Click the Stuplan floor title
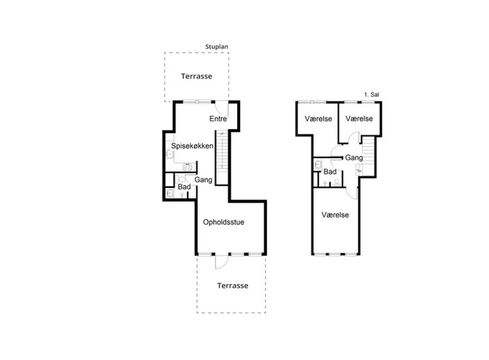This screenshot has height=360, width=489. pyautogui.click(x=217, y=47)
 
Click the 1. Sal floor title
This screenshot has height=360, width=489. pyautogui.click(x=372, y=95)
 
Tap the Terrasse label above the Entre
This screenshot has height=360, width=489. pyautogui.click(x=196, y=76)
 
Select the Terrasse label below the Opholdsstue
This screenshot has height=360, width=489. pyautogui.click(x=232, y=286)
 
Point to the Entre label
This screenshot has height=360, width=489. pyautogui.click(x=218, y=118)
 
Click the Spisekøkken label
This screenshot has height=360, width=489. pyautogui.click(x=192, y=146)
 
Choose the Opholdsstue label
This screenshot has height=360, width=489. pyautogui.click(x=224, y=222)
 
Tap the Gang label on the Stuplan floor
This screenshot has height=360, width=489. pyautogui.click(x=203, y=180)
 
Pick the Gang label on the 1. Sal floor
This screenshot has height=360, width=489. pyautogui.click(x=354, y=158)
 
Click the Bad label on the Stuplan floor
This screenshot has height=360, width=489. pyautogui.click(x=185, y=187)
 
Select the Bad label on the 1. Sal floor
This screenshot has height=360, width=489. pyautogui.click(x=330, y=171)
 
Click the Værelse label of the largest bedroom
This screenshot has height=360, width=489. pyautogui.click(x=335, y=214)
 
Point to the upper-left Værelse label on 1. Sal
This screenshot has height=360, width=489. pyautogui.click(x=318, y=118)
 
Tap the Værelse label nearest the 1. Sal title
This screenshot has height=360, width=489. pyautogui.click(x=359, y=118)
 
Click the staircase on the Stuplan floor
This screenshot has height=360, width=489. pyautogui.click(x=222, y=158)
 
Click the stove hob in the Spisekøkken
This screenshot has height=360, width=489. pyautogui.click(x=187, y=167)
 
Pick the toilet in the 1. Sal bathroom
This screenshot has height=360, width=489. pyautogui.click(x=336, y=182)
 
